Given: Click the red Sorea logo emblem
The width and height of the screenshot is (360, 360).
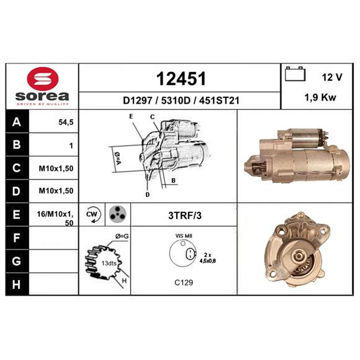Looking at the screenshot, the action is (x=43, y=79).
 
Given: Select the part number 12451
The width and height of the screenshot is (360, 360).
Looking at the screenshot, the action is (x=181, y=79).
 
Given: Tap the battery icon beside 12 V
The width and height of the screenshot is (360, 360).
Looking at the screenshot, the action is (x=295, y=74).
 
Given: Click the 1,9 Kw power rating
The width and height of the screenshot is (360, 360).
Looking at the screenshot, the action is (x=320, y=98).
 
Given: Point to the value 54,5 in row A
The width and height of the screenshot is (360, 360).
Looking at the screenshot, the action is (x=66, y=122).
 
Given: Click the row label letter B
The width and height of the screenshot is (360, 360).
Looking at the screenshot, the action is (x=17, y=144).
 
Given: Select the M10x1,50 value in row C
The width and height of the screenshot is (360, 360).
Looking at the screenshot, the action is (x=56, y=168).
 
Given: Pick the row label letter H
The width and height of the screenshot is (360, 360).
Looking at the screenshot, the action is (x=16, y=284).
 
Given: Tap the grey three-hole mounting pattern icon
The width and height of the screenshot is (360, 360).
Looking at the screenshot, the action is (x=117, y=215).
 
